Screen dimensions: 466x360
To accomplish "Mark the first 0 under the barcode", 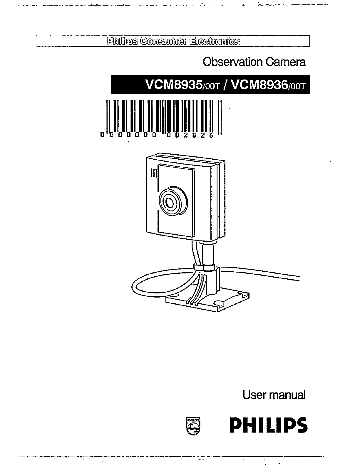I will coord(102,135).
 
